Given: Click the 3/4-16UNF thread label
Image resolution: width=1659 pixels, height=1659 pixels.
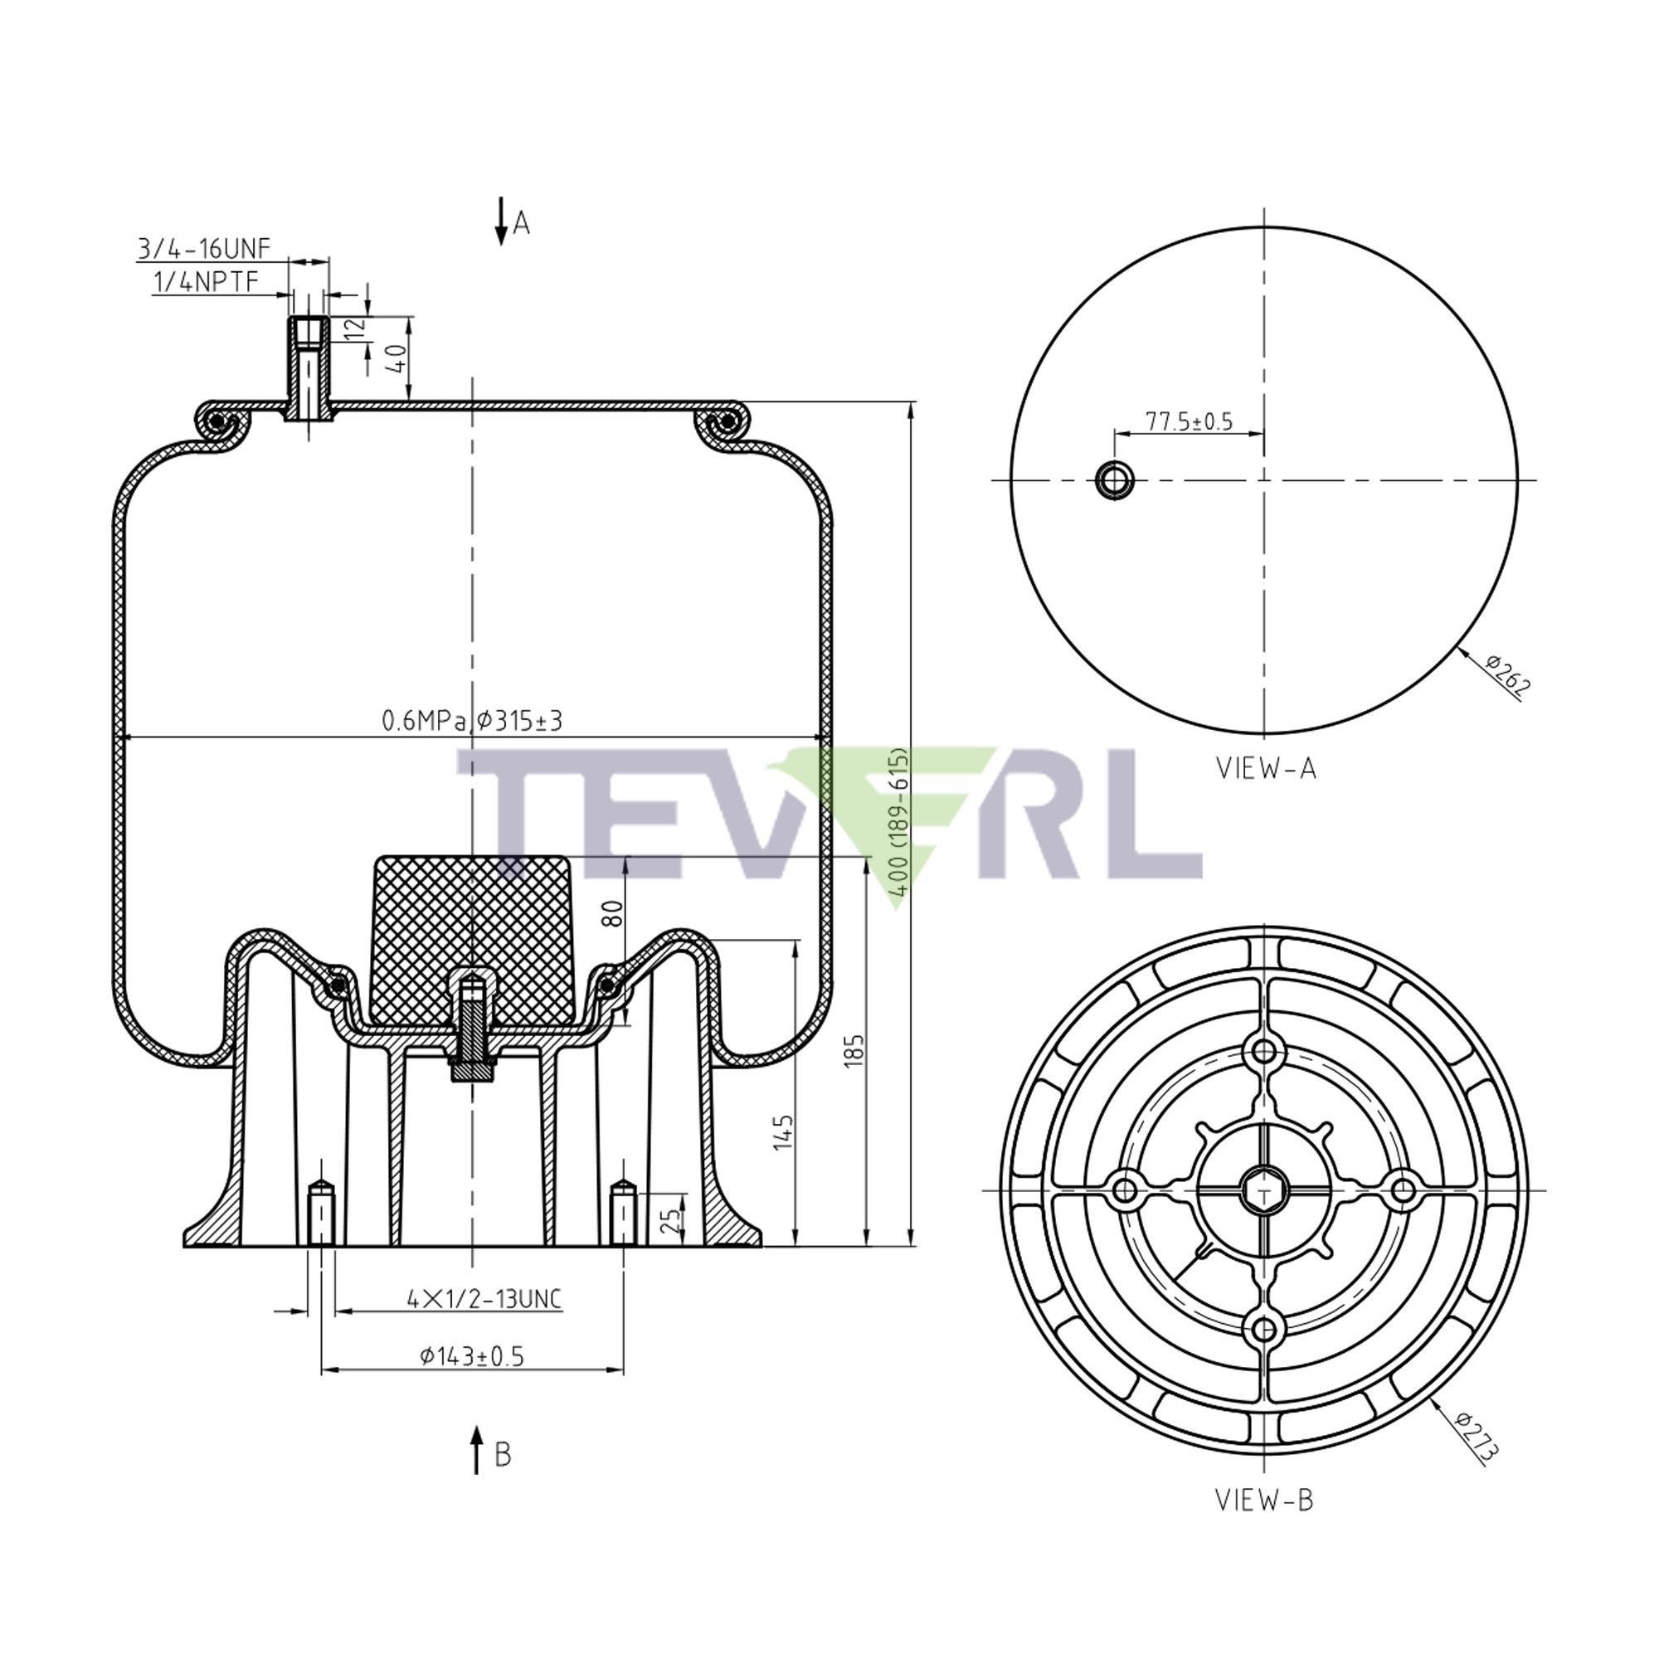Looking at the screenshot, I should coord(203,249).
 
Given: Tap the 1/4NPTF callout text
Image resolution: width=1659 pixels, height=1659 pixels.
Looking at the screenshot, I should coord(205,282).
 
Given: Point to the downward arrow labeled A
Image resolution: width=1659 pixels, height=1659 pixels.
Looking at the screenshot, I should coord(501,222).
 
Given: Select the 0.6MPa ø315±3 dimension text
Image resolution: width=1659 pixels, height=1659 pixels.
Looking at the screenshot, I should coord(471,722).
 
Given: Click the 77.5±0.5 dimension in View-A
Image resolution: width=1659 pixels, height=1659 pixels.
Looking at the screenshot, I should coord(1189,421).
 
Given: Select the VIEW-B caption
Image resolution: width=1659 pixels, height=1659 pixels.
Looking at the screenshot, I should coord(1263,1500).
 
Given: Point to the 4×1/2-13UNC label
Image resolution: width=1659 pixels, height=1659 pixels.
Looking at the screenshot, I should coord(484,1299).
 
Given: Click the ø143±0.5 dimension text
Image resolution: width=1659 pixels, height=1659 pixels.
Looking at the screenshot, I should coord(471,1357).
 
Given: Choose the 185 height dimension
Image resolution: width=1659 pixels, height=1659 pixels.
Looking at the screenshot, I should coord(854,1052).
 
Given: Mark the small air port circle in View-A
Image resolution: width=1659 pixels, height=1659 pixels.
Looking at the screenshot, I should coord(1115,480).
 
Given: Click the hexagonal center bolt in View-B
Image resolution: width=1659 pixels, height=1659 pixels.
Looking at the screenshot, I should coord(1264,1190).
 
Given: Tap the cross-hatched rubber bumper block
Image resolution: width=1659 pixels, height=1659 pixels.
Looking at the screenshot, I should coord(471,927).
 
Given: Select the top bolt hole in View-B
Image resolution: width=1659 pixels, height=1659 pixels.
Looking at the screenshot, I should coord(1264,1051).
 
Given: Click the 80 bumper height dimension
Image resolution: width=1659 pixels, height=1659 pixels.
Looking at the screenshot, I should coord(613,912).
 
